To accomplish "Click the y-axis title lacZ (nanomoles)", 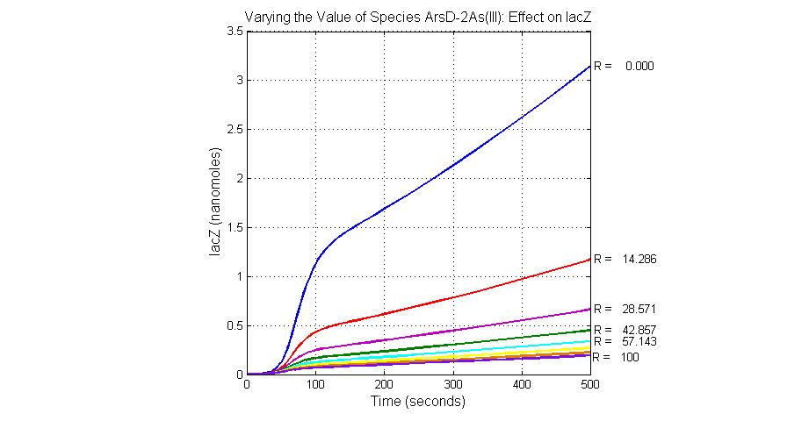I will (x=215, y=203).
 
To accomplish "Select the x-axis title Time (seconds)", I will (x=418, y=402).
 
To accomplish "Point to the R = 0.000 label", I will (x=624, y=66).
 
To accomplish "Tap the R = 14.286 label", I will (x=625, y=260).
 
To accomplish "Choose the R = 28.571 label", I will (x=625, y=310).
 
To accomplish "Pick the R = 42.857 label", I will (x=625, y=330).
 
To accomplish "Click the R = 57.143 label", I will (x=625, y=341).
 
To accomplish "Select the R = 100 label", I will (x=617, y=358).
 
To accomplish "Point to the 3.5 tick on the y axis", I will (x=235, y=32).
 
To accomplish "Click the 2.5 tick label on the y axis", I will (x=235, y=130).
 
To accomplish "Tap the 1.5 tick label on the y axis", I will (x=235, y=228).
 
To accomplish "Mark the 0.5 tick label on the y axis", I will (x=235, y=326).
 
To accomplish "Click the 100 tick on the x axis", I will (x=315, y=385).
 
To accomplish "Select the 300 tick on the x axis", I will (x=453, y=385).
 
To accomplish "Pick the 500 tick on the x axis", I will (x=590, y=385).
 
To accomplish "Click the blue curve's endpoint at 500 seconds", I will (x=590, y=66).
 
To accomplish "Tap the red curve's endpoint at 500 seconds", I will (x=590, y=260).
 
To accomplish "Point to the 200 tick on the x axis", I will (x=385, y=385).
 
